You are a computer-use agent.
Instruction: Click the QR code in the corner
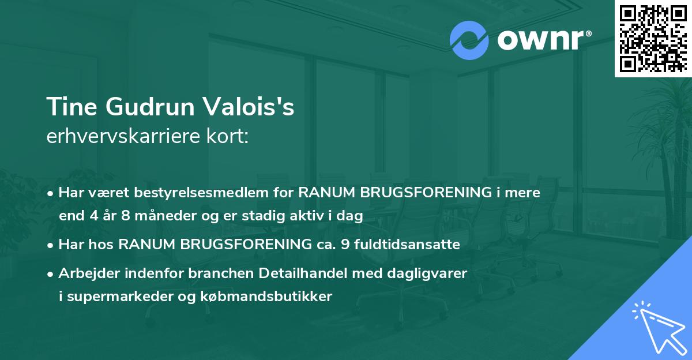point(653,38)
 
